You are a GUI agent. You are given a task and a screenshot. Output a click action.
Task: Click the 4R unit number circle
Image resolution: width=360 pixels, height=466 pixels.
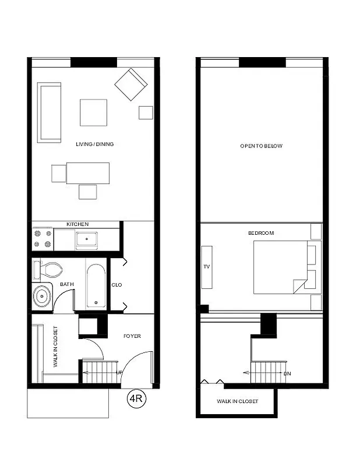point(136,400)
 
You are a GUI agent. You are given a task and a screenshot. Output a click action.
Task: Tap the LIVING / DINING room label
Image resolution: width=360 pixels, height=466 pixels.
point(95,144)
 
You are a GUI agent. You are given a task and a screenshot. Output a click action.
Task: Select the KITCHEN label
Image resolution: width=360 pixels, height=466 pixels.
point(77,224)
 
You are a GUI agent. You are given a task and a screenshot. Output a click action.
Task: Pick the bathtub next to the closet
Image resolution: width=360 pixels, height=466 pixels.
point(96,287)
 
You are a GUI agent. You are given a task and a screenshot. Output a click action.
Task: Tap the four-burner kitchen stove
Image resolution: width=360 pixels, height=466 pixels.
point(43,239)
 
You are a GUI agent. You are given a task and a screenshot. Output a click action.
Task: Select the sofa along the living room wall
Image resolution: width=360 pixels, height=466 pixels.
point(50,112)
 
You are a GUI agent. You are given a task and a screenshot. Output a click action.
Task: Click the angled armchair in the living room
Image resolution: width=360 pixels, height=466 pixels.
point(132,85)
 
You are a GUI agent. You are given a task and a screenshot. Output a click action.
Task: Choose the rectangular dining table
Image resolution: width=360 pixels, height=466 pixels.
point(88,172)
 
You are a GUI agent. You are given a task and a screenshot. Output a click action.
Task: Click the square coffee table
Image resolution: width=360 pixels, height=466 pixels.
point(93,112)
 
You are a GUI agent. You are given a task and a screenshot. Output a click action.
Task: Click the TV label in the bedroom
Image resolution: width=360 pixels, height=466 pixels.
point(206,267)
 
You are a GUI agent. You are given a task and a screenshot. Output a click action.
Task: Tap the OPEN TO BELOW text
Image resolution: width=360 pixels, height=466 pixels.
point(261,146)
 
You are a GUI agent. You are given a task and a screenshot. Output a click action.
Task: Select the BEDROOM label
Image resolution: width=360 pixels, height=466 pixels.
point(261,233)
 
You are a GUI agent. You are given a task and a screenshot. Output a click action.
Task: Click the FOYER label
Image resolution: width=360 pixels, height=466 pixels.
point(132,336)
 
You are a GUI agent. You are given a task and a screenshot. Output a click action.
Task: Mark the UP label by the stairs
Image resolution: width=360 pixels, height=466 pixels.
point(119,372)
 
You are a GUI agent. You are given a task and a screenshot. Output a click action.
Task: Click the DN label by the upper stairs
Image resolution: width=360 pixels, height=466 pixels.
point(287,373)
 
